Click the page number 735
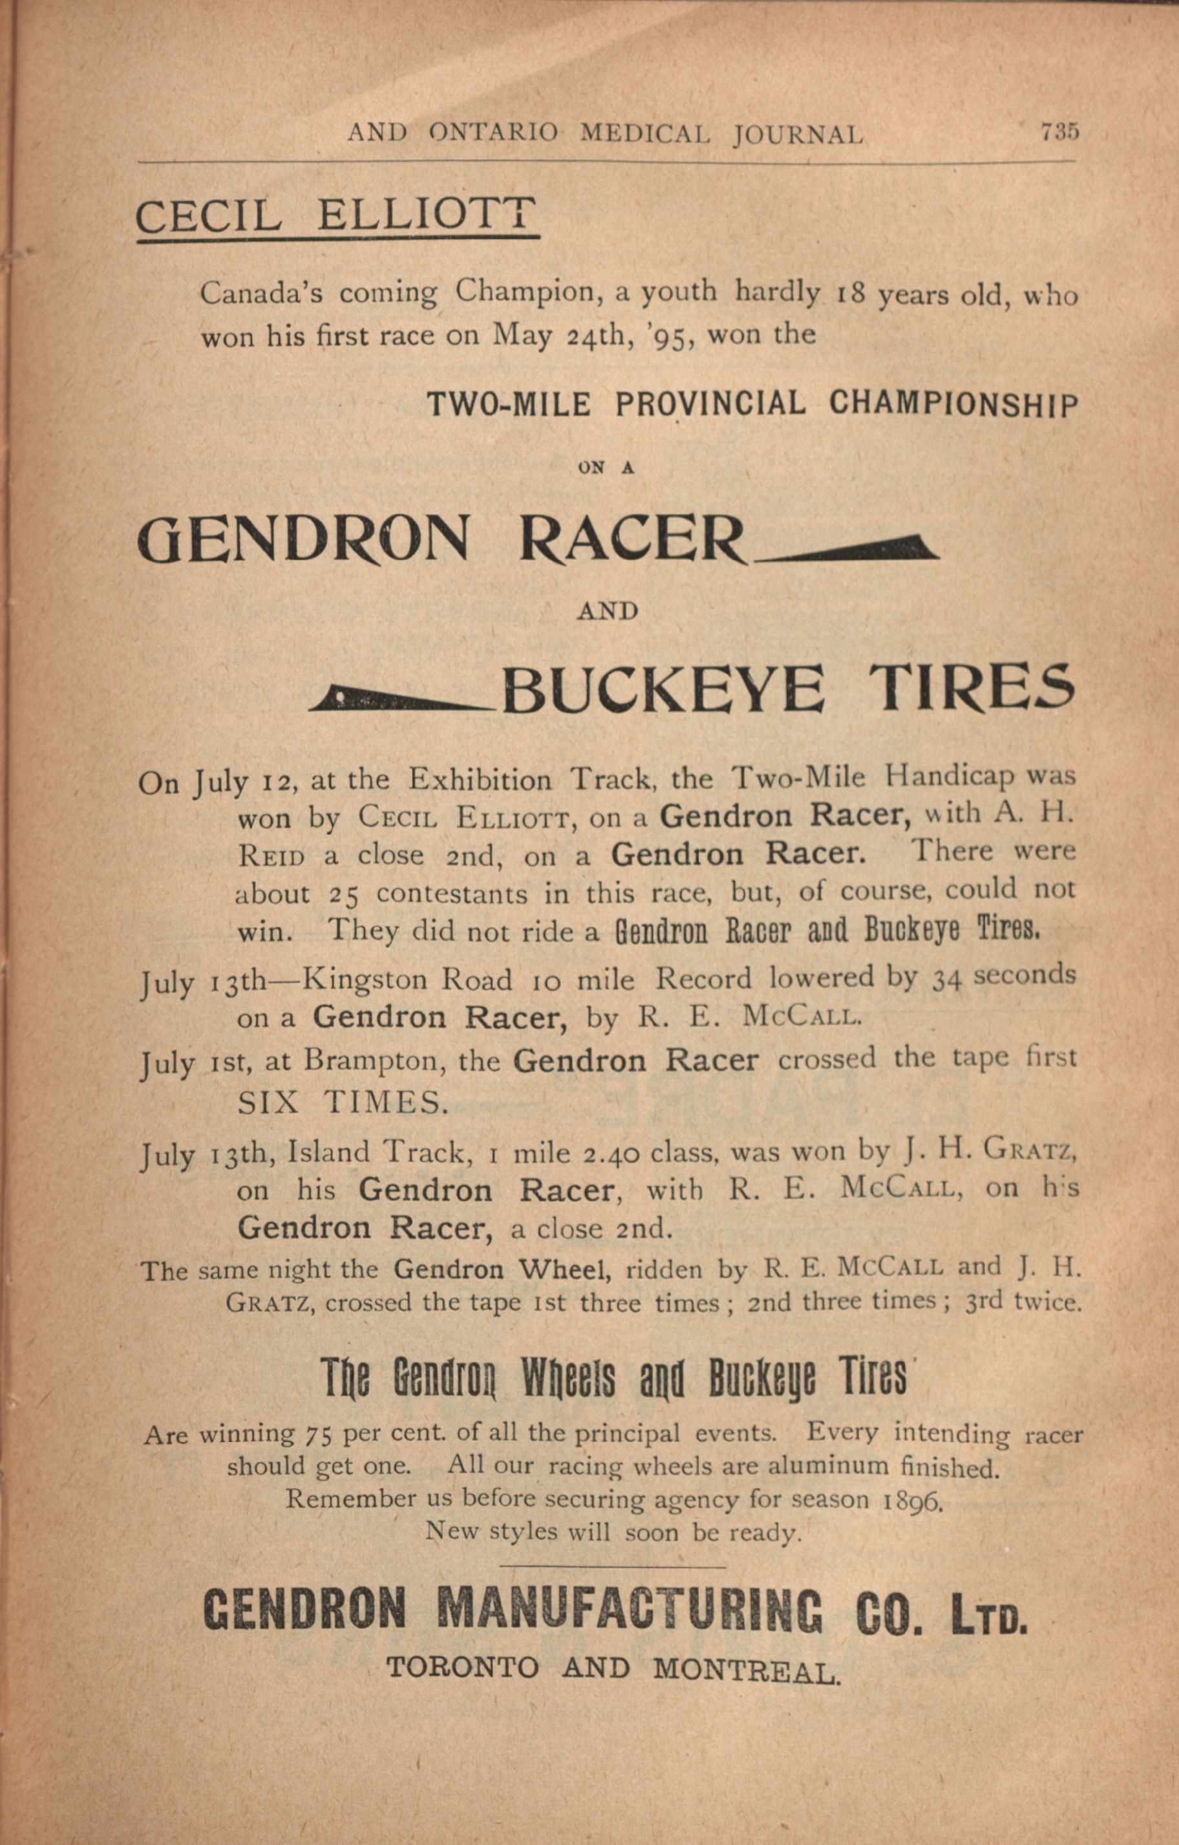(1059, 132)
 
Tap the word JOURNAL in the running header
(798, 135)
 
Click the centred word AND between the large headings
(608, 611)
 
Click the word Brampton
(359, 1061)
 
